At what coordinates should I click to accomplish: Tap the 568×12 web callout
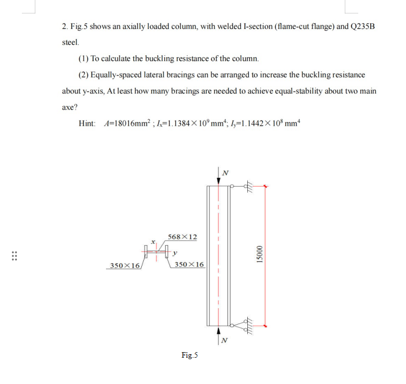tap(182, 237)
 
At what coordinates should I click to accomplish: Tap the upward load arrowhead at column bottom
tap(218, 329)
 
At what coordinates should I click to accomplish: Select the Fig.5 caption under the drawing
tap(190, 355)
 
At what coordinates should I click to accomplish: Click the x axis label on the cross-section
tap(154, 242)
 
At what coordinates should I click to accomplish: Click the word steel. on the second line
tap(70, 43)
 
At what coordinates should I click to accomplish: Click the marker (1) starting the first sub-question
tap(84, 59)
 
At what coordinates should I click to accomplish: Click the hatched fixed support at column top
tap(249, 188)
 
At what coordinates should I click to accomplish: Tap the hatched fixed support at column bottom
tap(248, 325)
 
